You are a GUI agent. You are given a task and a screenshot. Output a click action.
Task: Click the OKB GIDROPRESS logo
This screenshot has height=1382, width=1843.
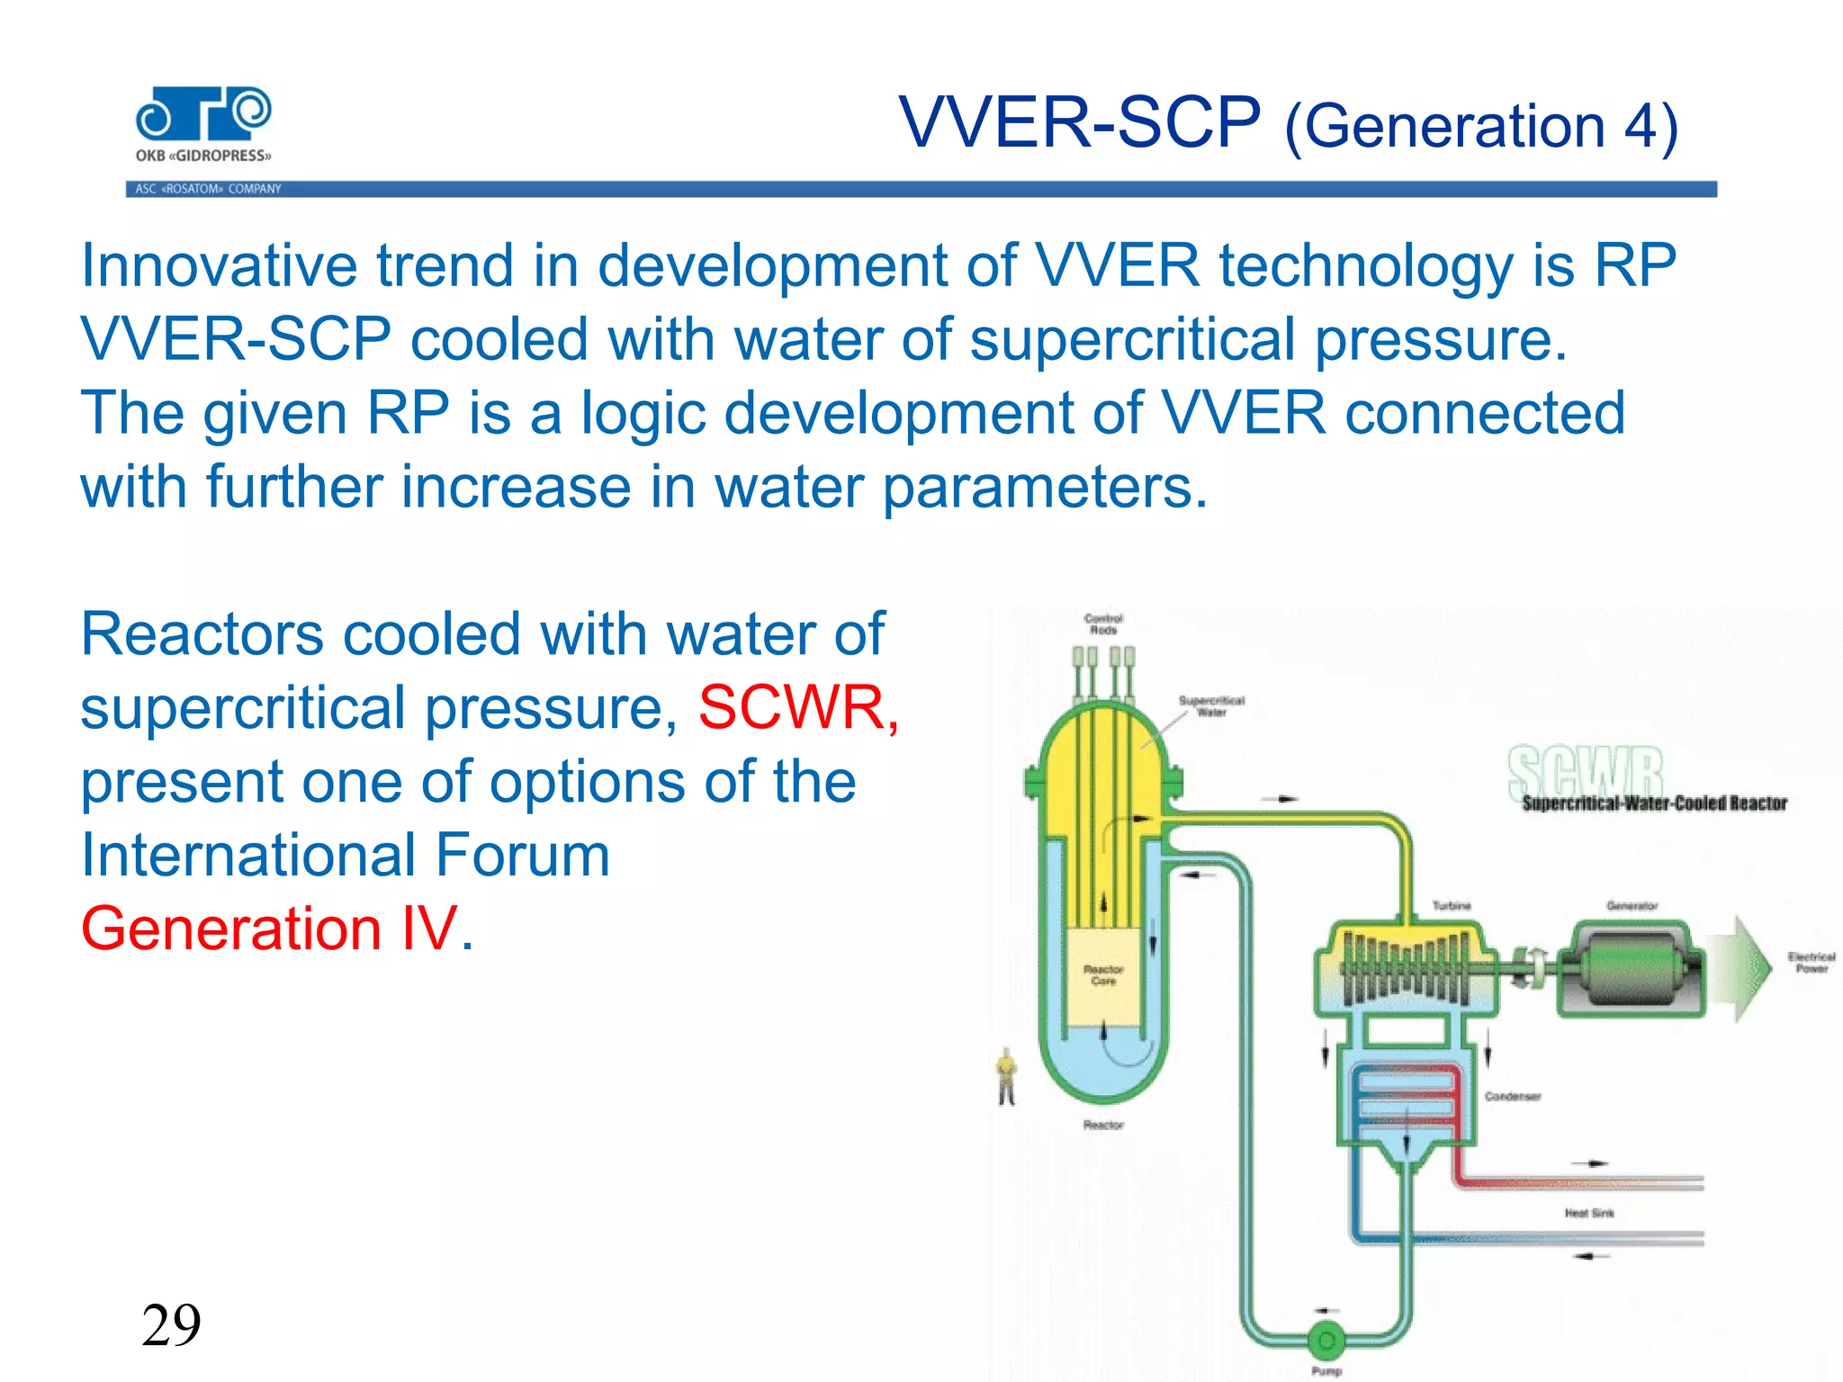click(203, 124)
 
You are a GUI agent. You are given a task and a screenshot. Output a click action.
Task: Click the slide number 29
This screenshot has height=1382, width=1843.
click(171, 1325)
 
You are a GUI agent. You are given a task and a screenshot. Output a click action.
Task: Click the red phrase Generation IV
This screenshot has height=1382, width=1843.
click(270, 929)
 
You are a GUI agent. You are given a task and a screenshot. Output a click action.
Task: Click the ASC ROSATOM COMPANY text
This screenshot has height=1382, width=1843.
click(208, 189)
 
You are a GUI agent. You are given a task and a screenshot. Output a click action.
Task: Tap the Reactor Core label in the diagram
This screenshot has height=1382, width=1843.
click(1103, 975)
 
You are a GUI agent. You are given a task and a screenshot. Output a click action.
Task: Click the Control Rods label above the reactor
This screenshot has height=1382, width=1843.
click(1103, 624)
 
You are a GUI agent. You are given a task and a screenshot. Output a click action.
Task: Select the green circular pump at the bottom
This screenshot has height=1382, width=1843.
click(1326, 1342)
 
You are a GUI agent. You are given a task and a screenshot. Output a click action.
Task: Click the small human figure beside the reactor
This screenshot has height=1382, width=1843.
click(1006, 1076)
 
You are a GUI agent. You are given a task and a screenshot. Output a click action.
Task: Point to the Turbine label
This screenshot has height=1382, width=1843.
click(1452, 905)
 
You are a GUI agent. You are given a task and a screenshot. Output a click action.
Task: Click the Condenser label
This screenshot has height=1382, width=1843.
click(1513, 1096)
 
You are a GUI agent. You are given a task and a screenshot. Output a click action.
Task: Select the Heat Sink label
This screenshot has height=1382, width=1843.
click(1589, 1213)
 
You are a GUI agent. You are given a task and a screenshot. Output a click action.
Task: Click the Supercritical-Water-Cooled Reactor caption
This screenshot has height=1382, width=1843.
click(1654, 803)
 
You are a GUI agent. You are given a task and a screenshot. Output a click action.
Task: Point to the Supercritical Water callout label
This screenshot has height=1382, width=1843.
click(1211, 706)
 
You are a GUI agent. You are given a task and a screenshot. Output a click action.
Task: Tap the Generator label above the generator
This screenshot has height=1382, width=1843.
click(1632, 905)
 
